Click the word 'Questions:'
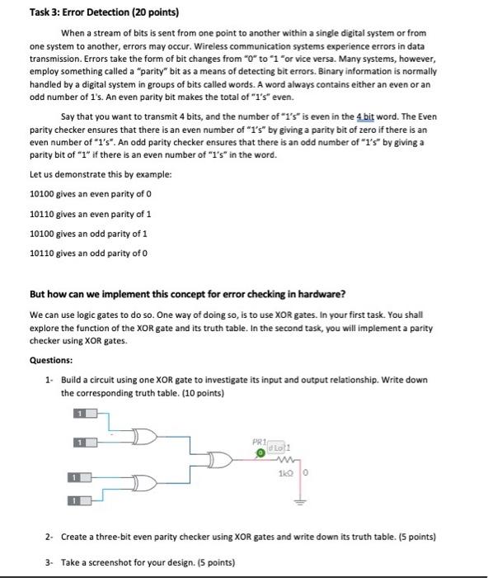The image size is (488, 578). click(x=51, y=360)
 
